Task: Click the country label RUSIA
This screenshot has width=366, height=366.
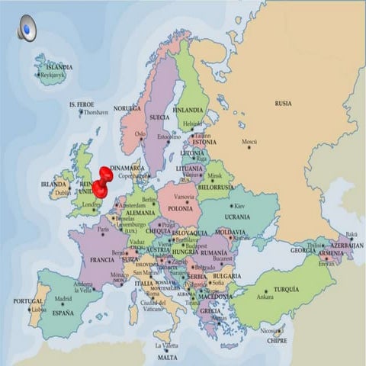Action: pos(283,103)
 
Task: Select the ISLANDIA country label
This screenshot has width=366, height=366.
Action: pos(59,67)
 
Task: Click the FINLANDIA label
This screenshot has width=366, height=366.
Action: pos(188,110)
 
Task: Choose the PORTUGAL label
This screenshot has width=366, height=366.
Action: pos(28,301)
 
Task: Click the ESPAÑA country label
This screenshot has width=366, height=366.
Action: pos(63,313)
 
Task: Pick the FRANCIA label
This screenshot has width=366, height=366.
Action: pos(102,259)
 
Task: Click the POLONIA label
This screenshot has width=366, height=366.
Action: pos(180,208)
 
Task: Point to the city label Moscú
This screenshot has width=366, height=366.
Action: pos(249,142)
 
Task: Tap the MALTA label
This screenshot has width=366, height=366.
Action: pos(168,357)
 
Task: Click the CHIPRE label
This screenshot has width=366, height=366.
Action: pos(277,342)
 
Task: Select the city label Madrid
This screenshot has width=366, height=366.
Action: pos(63,298)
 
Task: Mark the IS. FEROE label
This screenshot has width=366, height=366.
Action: pos(82,104)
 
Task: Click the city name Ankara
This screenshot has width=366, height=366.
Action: pos(265,297)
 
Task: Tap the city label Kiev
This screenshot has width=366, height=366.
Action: pos(239,206)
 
